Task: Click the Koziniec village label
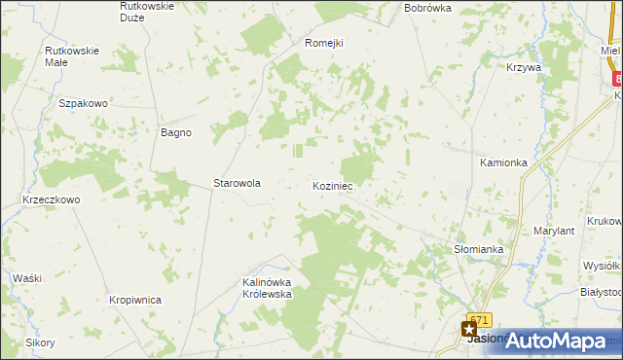tap(332, 185)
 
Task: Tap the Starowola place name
tap(238, 183)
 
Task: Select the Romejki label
tap(324, 43)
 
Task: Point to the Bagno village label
tap(175, 132)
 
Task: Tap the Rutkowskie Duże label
tap(146, 12)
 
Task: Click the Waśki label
tap(27, 278)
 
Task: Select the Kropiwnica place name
tap(134, 301)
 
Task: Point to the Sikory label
tap(40, 342)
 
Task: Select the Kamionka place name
tap(503, 162)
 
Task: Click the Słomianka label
tap(479, 249)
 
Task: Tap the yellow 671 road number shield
tap(479, 319)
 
